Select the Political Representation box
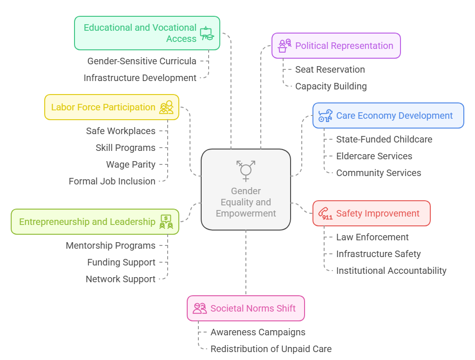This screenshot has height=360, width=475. coord(336,46)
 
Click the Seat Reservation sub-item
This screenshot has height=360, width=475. coord(330,69)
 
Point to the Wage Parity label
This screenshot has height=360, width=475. coord(130,164)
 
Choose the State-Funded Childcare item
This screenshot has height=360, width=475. coord(384,139)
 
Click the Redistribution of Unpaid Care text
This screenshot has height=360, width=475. coord(271,349)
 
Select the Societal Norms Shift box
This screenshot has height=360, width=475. coord(245,308)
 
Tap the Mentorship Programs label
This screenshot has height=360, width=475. coord(110,245)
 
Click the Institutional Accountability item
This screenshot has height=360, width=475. coord(391,271)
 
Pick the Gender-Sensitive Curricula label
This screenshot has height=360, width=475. coord(142,61)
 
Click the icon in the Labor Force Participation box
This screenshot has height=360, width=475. coord(166,107)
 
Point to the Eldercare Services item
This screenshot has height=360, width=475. coord(374,156)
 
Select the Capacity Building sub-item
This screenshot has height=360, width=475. coord(331,86)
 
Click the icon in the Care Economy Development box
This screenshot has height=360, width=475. coord(325,115)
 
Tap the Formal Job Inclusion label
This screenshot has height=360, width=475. coord(112,181)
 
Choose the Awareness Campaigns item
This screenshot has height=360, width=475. coord(258,332)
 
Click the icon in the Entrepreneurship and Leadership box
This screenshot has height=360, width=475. coord(166,222)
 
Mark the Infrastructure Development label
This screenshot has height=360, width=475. coord(140,78)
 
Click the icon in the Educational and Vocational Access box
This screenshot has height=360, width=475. coord(207,34)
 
